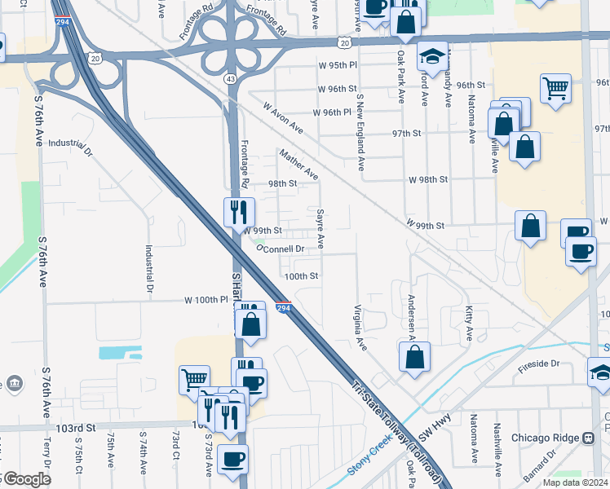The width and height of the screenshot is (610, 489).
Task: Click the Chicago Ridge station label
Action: tap(546, 438)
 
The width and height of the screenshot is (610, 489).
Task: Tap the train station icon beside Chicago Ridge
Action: tap(587, 438)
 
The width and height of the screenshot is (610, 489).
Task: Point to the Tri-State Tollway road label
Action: tap(396, 432)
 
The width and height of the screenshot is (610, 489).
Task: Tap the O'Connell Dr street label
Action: tap(281, 249)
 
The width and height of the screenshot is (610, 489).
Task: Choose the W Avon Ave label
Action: tap(283, 118)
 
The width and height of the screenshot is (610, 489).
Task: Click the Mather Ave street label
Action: tap(298, 164)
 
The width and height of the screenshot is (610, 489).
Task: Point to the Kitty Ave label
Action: tap(469, 324)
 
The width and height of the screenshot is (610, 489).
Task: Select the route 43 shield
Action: tap(232, 78)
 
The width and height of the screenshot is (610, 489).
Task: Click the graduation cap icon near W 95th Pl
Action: tap(432, 56)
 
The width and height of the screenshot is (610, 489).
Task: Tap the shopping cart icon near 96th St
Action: tap(555, 88)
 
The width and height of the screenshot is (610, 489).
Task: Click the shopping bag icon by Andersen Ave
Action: tap(414, 356)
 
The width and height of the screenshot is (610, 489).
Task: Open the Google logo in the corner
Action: tap(26, 480)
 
